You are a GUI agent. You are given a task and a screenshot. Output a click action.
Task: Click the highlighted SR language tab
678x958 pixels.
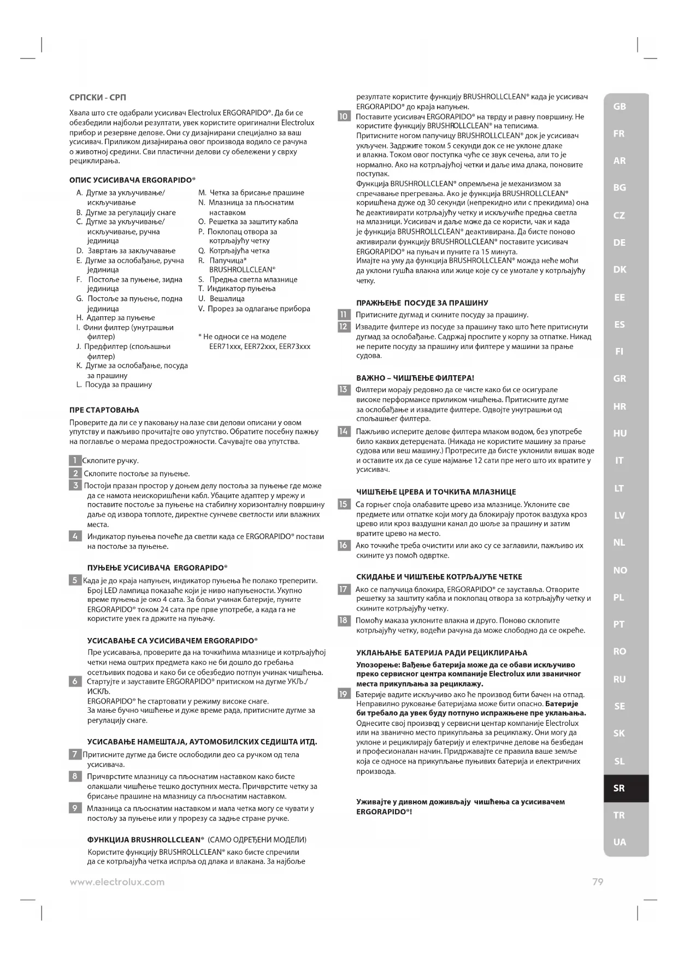[x=619, y=788]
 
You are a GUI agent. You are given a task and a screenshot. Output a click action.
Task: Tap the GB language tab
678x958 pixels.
[x=619, y=107]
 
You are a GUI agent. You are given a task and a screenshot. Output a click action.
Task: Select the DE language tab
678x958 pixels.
[x=619, y=243]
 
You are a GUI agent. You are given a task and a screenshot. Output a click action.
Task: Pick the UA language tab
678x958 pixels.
[x=619, y=842]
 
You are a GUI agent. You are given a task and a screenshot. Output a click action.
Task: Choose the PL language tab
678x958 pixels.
[x=619, y=598]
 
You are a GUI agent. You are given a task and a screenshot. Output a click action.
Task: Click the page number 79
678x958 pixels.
[x=598, y=882]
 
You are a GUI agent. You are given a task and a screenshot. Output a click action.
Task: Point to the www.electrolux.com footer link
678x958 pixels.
[x=117, y=882]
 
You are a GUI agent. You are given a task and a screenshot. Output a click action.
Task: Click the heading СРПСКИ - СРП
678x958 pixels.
[x=98, y=98]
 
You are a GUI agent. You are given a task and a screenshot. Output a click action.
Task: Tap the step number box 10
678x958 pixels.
[x=344, y=116]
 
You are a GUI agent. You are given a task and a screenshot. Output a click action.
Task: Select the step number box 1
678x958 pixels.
[x=75, y=460]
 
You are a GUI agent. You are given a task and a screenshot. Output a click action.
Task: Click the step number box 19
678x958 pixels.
[x=344, y=694]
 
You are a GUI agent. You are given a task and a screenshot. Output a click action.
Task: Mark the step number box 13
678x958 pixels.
[x=344, y=389]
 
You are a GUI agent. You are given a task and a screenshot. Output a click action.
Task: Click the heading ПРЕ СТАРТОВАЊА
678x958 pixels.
[x=104, y=410]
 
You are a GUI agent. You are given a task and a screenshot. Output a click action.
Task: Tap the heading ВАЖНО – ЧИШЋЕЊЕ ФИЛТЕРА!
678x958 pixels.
[x=415, y=377]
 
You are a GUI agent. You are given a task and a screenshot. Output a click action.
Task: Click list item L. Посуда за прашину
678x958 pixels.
[x=114, y=385]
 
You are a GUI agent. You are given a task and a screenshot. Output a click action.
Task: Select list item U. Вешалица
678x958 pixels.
[x=221, y=299]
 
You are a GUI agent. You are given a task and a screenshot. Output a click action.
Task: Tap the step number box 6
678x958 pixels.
[x=75, y=681]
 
